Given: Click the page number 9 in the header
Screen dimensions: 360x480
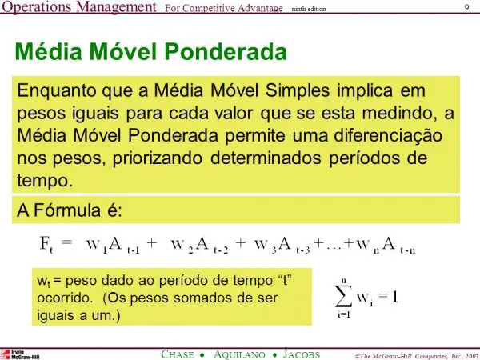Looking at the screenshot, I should [x=466, y=8].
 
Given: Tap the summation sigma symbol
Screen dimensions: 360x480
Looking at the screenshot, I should [x=343, y=298].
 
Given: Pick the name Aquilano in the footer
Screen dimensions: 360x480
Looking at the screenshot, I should [x=241, y=353].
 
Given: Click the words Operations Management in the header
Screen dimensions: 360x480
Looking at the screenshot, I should [x=78, y=8].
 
